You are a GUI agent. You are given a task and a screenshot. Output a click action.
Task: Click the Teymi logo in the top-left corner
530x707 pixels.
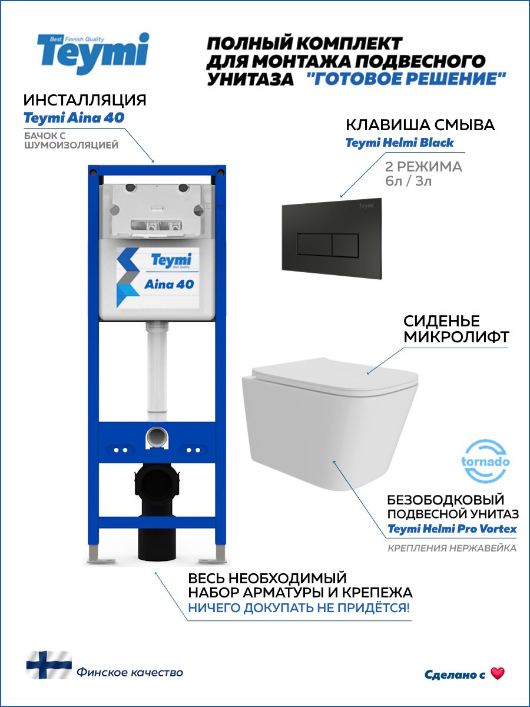point(93,53)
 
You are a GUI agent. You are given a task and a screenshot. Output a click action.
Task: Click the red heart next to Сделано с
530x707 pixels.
point(498,673)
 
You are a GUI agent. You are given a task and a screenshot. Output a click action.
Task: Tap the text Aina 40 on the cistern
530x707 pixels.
point(168,284)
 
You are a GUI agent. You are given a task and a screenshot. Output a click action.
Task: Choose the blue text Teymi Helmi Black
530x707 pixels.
point(399,143)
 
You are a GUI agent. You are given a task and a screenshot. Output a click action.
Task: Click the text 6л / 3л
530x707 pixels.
point(408,181)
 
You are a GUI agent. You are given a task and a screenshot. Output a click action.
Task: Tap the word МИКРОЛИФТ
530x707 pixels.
point(456,337)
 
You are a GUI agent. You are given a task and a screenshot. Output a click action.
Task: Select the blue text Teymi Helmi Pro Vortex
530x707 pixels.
point(452,528)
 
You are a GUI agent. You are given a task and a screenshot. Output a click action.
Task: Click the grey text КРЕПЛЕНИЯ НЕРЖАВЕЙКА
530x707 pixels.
point(452,549)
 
